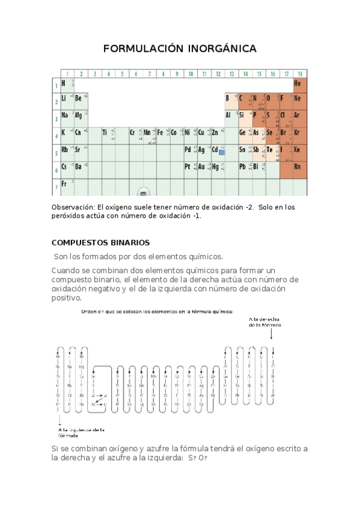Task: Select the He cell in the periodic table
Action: point(297,83)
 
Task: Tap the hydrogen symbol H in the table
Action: point(63,83)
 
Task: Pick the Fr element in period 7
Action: point(64,184)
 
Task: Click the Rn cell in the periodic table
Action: point(297,167)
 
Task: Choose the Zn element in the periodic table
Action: point(215,132)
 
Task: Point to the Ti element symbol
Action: point(105,132)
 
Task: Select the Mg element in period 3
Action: point(78,115)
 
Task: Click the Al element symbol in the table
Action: point(228,115)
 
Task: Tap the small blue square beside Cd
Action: point(221,153)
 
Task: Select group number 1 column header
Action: point(67,74)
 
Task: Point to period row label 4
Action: point(56,137)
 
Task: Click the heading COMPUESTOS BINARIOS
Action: point(101,243)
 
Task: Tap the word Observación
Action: point(73,207)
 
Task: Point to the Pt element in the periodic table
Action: point(188,167)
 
